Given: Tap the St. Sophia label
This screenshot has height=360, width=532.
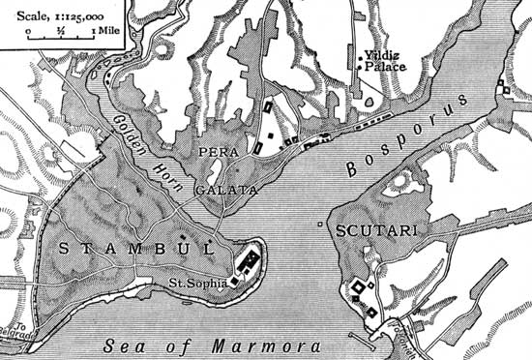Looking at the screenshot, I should click(196, 283).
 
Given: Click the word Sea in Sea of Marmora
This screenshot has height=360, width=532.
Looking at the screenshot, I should click(120, 344).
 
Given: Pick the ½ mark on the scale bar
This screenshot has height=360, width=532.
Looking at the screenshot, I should click(60, 31).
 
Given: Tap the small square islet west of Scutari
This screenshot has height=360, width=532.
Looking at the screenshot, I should click(321, 225).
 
